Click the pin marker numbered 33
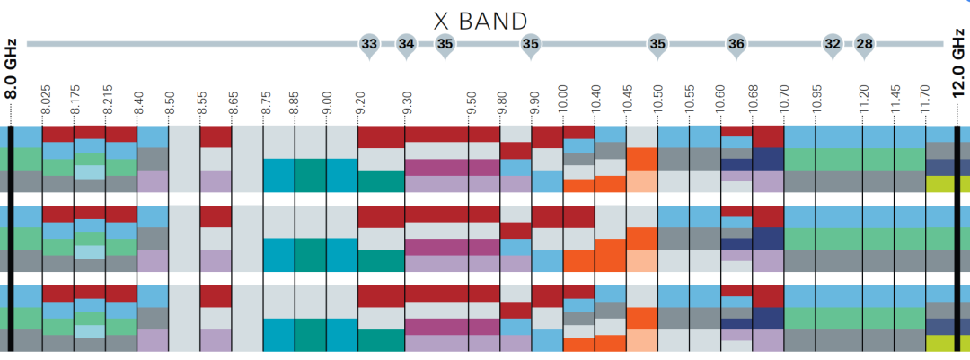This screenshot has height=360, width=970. tap(368, 44)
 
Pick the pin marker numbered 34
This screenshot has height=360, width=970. tap(406, 44)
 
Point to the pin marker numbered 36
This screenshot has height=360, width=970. tap(736, 44)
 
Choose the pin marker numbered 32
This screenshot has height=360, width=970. tap(833, 44)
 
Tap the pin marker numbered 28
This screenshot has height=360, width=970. tap(864, 44)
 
